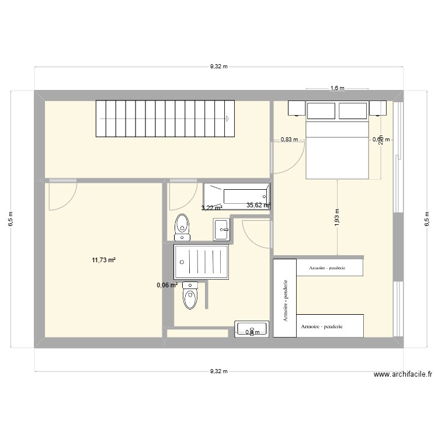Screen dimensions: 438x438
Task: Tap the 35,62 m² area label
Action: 258,205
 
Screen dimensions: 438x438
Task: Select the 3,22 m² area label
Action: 211,207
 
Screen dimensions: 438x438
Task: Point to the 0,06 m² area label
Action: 166,284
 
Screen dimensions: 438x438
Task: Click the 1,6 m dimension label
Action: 338,88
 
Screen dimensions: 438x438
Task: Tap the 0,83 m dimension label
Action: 289,139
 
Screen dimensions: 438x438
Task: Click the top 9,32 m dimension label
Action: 218,67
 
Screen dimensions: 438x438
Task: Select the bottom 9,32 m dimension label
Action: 218,371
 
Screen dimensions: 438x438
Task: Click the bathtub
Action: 237,197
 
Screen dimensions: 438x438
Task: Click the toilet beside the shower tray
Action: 190,296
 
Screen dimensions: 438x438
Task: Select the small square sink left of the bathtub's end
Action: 222,229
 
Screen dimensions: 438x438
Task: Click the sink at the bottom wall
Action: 251,329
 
